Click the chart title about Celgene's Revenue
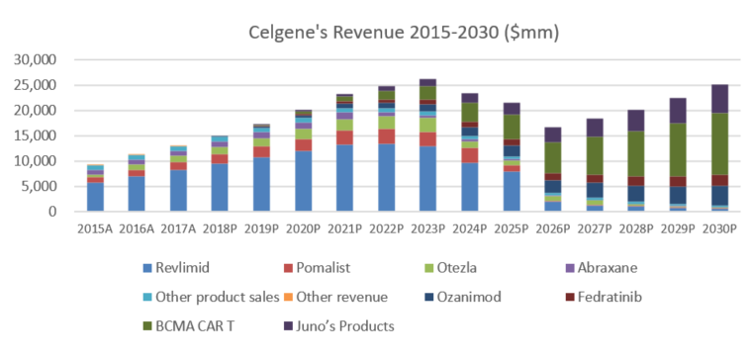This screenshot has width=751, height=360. tap(404, 34)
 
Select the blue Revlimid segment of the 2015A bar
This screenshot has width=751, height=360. tap(95, 197)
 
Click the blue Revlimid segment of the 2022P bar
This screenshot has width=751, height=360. tap(387, 178)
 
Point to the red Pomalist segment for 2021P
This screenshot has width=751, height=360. tap(345, 137)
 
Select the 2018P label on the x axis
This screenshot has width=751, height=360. tap(220, 228)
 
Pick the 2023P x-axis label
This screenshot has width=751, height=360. tap(428, 228)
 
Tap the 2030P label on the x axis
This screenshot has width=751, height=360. tap(720, 228)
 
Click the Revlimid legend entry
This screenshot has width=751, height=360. tap(176, 268)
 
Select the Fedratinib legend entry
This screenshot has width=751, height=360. tap(604, 297)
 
